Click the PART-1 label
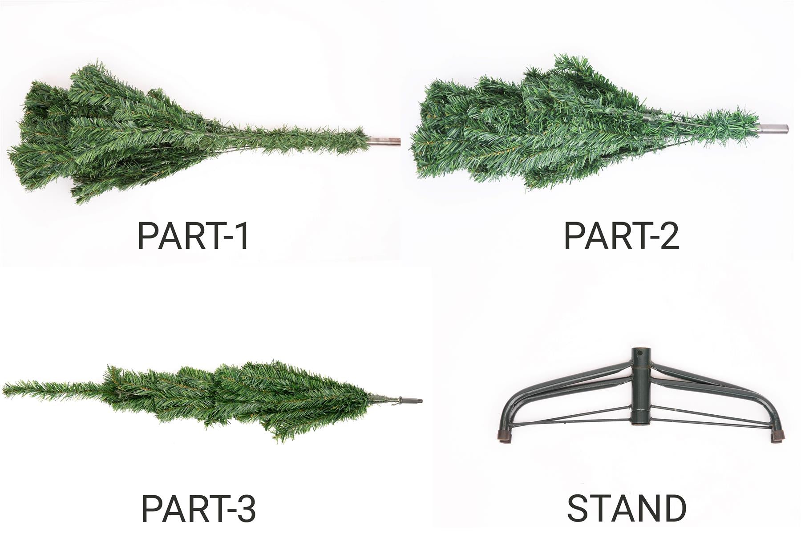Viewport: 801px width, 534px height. coord(193,235)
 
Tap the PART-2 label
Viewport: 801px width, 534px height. coord(621,235)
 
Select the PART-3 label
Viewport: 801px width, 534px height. coord(198,508)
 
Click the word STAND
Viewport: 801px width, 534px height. coord(627,508)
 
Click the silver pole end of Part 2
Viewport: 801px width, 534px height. coord(773,129)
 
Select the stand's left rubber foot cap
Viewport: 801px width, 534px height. coord(504,437)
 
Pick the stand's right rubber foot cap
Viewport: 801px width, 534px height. coord(777,436)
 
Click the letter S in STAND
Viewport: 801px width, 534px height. coord(578,508)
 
